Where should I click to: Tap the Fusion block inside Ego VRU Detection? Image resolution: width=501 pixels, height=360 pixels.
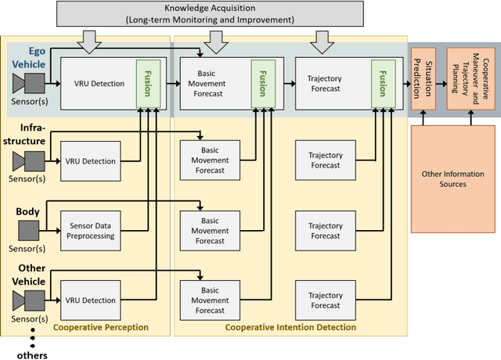(148, 82)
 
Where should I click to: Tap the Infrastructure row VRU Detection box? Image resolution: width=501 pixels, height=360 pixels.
(90, 161)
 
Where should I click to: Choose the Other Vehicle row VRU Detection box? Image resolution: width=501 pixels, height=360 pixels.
(90, 300)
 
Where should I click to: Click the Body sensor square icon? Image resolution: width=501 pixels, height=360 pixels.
(29, 230)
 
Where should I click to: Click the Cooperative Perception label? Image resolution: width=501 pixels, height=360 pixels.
(99, 327)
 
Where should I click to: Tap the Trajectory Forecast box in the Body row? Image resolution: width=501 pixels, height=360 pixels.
(324, 230)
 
